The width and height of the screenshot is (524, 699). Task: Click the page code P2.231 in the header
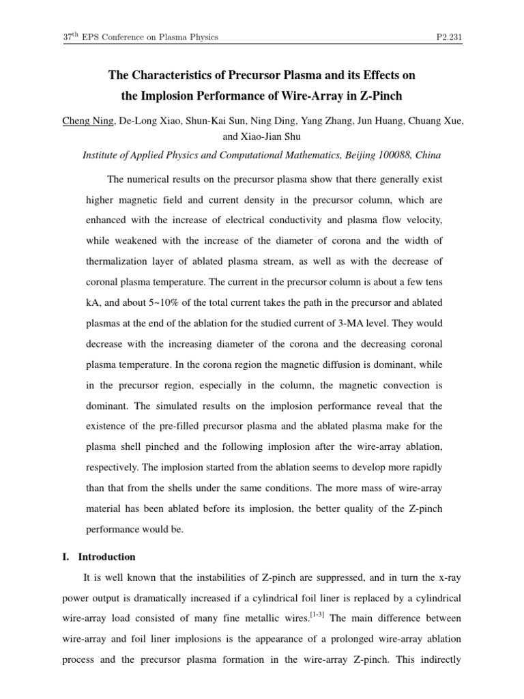pyautogui.click(x=449, y=37)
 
